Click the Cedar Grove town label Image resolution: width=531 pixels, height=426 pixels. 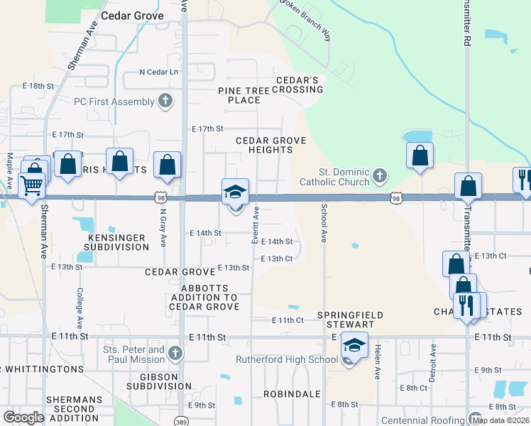click(132, 15)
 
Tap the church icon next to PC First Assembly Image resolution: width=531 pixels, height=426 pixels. click(165, 102)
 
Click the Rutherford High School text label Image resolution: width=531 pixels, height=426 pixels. click(286, 359)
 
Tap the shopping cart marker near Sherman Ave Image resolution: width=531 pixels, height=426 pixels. click(31, 186)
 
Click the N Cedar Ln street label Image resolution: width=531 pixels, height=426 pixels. click(158, 72)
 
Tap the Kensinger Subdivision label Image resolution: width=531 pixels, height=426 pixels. click(116, 242)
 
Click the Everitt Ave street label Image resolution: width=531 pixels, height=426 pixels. click(255, 225)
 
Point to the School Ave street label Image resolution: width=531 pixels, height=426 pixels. click(324, 224)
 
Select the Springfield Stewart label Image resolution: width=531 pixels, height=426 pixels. click(350, 319)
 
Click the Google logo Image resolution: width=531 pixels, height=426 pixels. click(24, 417)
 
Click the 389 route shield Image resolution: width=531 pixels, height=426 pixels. click(180, 420)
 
